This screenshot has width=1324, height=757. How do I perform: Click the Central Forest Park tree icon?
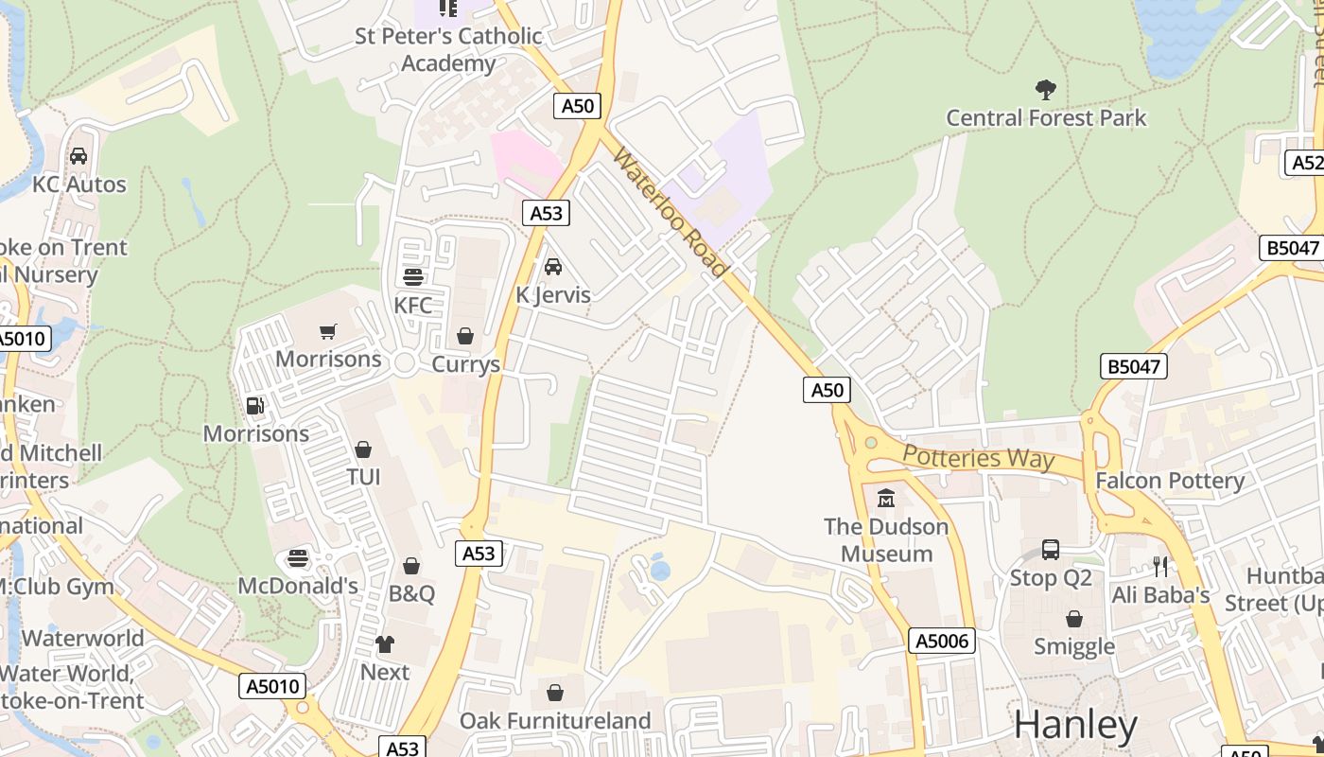point(1045,90)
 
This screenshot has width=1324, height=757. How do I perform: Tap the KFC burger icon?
point(413,277)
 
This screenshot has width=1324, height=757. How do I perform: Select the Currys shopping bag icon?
point(464,336)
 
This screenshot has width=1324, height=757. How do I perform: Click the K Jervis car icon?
point(553,267)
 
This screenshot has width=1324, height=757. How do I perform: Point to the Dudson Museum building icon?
point(886,498)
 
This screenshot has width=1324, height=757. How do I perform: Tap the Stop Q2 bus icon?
point(1050,550)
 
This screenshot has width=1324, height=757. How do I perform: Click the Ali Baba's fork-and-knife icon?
point(1160,567)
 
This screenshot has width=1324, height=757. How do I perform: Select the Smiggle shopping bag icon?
point(1073,619)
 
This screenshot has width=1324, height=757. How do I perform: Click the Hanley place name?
point(1075,726)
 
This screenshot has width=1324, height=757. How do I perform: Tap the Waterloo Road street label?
point(670,212)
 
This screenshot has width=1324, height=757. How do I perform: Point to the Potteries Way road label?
point(978,458)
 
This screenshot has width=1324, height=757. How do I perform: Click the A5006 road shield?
point(942,642)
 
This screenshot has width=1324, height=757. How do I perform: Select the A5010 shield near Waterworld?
point(274,686)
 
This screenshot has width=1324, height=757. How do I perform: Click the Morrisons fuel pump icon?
point(254,406)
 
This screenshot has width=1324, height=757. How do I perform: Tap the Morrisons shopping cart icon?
point(328,331)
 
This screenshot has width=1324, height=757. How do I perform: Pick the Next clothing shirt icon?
point(385,644)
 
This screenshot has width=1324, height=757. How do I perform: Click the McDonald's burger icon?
point(298,558)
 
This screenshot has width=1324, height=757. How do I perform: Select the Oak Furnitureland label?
point(555,721)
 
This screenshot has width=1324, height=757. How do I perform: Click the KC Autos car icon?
point(78,156)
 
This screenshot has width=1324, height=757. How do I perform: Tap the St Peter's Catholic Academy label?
point(448,49)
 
